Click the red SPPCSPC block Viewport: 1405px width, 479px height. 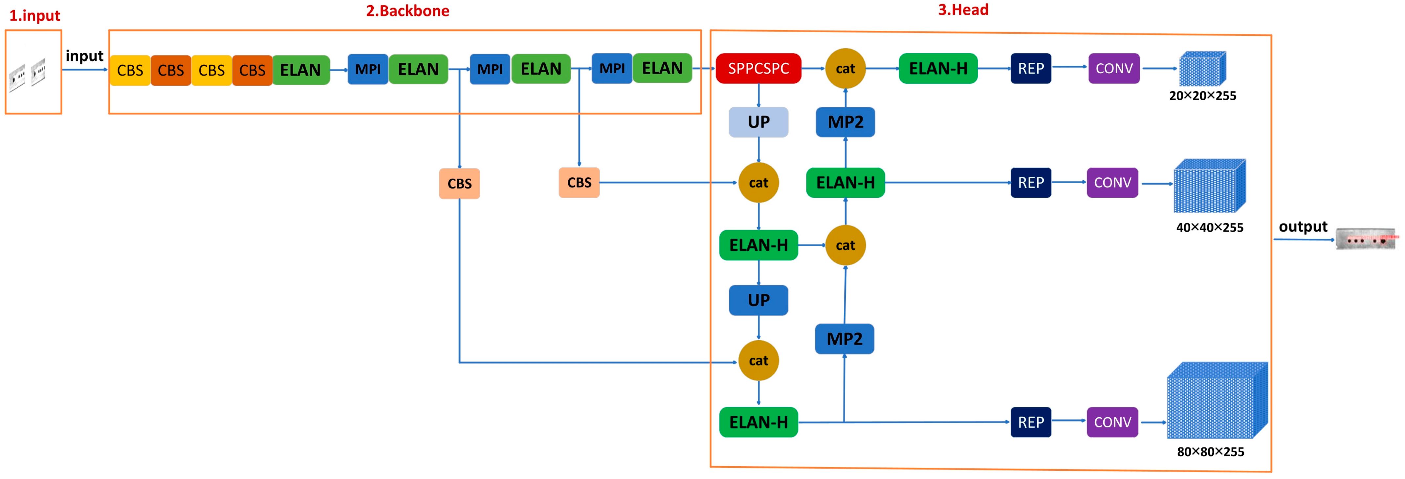point(758,69)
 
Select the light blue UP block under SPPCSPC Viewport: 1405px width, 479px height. point(758,122)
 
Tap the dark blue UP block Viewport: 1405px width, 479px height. point(758,300)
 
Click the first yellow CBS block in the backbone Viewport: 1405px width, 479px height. point(130,70)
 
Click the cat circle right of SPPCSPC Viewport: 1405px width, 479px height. point(845,69)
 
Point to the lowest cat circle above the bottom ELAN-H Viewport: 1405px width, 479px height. point(758,360)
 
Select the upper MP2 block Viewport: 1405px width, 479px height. point(845,122)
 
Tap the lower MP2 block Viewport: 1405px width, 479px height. point(844,339)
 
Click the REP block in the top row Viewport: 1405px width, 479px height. point(1030,69)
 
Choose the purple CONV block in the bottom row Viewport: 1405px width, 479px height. point(1112,422)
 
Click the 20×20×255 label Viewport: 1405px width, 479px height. point(1202,96)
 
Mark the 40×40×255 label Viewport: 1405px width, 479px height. point(1209,228)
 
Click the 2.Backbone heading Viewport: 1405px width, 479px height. point(407,11)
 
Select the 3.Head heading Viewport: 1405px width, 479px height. point(963,10)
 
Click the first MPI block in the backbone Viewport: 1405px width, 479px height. point(368,69)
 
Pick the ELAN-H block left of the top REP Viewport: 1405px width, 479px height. point(937,69)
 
